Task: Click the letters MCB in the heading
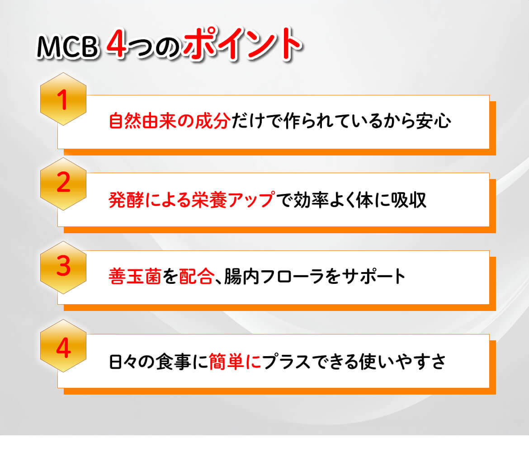(x=67, y=46)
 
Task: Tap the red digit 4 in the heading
(x=116, y=44)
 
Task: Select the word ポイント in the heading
(x=241, y=43)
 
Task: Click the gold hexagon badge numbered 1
(x=63, y=99)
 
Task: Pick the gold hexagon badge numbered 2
(x=63, y=184)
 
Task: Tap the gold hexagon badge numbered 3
(x=63, y=268)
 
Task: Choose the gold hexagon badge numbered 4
(x=63, y=346)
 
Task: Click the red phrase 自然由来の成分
(x=170, y=121)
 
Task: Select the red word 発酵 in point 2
(x=126, y=200)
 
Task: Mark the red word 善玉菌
(x=135, y=277)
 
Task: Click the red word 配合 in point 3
(x=196, y=277)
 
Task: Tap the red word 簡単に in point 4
(x=235, y=362)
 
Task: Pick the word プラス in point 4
(x=287, y=362)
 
